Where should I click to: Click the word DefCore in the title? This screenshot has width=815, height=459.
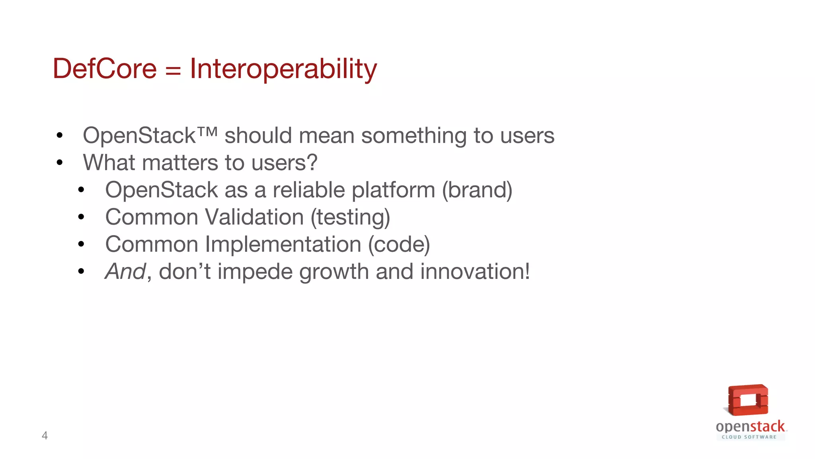(x=105, y=69)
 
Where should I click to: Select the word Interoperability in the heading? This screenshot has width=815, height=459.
(x=283, y=69)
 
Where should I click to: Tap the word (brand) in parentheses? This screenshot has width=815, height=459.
(x=477, y=190)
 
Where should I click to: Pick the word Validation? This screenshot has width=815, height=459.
(x=254, y=217)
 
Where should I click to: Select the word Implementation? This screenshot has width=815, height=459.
(x=283, y=244)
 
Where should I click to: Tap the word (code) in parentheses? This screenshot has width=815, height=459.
(x=399, y=244)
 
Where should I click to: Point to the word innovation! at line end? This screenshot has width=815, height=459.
(x=475, y=272)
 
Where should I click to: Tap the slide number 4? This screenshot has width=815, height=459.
(x=45, y=435)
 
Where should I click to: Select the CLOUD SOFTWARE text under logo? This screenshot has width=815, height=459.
(x=749, y=437)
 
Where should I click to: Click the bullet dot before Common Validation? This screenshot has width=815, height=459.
(x=82, y=217)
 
